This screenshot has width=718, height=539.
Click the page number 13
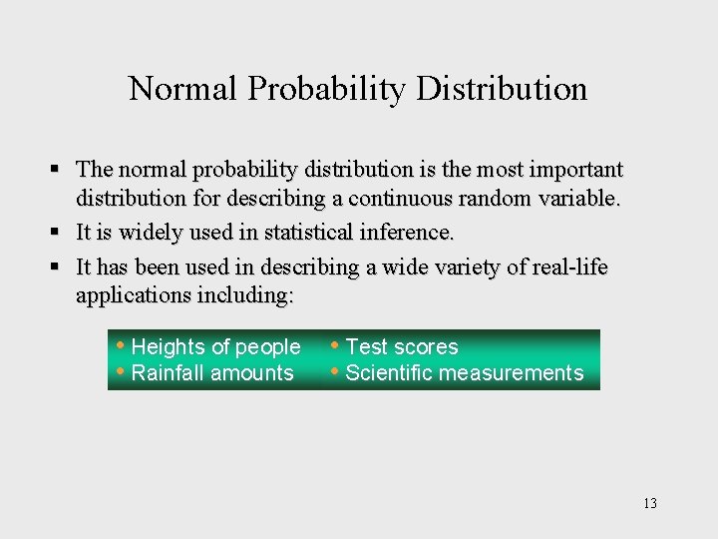(650, 503)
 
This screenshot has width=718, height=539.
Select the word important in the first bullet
(572, 170)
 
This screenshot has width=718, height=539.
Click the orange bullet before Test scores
(336, 346)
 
